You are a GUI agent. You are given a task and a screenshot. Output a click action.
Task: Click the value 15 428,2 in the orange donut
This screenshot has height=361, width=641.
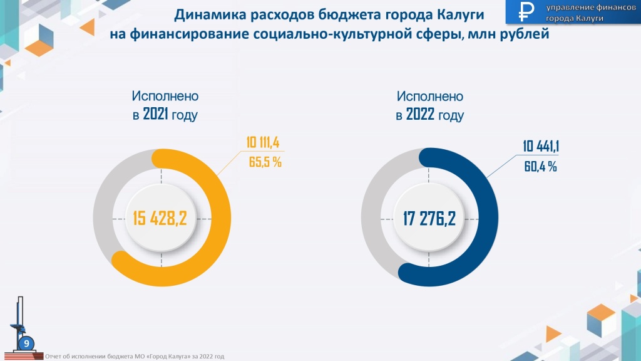(x=161, y=218)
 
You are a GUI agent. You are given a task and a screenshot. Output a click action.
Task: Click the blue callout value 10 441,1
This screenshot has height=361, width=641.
(x=541, y=146)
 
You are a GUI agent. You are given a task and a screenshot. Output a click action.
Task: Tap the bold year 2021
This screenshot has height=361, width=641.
(x=156, y=115)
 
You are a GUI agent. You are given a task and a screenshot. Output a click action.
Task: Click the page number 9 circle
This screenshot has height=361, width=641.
(x=26, y=343)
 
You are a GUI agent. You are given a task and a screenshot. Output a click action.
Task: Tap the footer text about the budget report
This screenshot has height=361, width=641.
(x=134, y=356)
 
